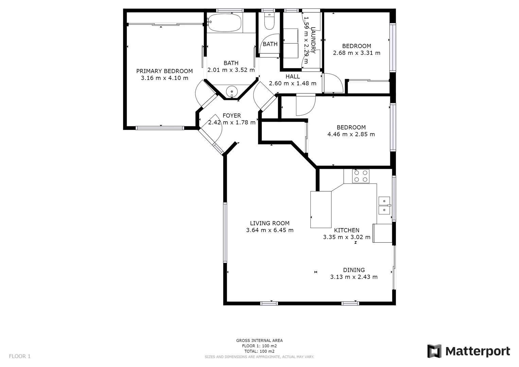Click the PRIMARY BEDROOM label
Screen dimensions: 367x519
pyautogui.click(x=164, y=71)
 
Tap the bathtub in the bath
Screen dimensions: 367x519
pyautogui.click(x=224, y=23)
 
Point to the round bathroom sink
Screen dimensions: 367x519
pyautogui.click(x=232, y=91)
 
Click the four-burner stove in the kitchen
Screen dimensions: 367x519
pyautogui.click(x=361, y=176)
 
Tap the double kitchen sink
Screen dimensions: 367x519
pyautogui.click(x=384, y=206)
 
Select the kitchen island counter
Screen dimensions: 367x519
pyautogui.click(x=321, y=209)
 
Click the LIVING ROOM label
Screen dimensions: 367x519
pyautogui.click(x=270, y=223)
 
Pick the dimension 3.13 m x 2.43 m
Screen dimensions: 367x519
pyautogui.click(x=353, y=277)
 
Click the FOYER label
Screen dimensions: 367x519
pyautogui.click(x=231, y=116)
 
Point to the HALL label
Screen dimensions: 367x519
pyautogui.click(x=292, y=76)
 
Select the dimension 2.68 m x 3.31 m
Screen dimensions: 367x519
pyautogui.click(x=357, y=53)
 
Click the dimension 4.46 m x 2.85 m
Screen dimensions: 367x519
pyautogui.click(x=351, y=134)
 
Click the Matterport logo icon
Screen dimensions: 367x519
pyautogui.click(x=434, y=351)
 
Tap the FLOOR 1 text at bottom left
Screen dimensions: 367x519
pyautogui.click(x=20, y=356)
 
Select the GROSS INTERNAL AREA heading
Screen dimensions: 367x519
pyautogui.click(x=259, y=340)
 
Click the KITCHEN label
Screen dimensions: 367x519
pyautogui.click(x=346, y=230)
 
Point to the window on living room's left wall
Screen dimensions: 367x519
pyautogui.click(x=225, y=232)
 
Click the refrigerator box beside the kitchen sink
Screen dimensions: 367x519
pyautogui.click(x=382, y=233)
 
